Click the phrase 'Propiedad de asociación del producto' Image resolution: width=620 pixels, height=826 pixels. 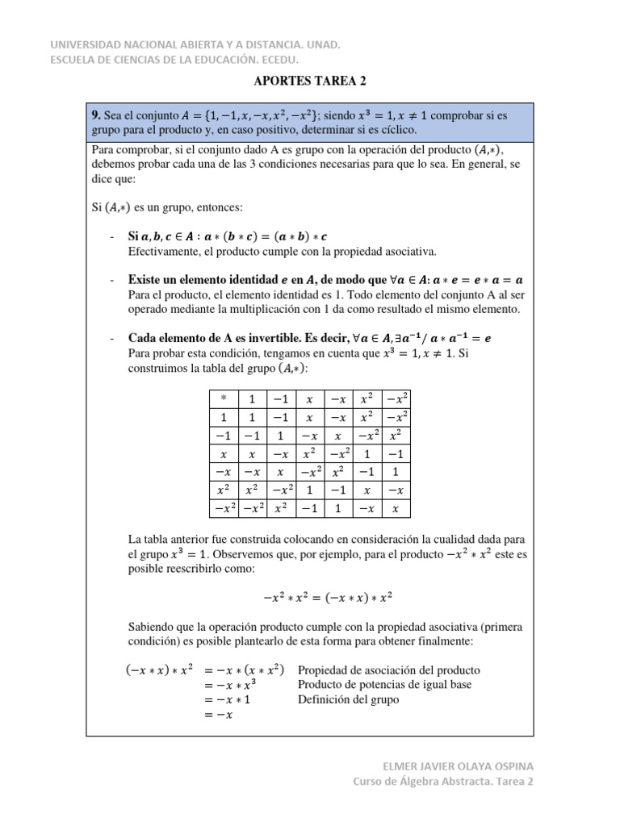click(x=389, y=670)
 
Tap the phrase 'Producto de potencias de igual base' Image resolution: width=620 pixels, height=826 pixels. click(x=385, y=685)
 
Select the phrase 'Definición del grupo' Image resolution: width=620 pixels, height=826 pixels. click(x=349, y=699)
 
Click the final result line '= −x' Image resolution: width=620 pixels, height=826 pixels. click(x=218, y=715)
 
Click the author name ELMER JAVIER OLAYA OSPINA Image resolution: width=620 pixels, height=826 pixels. click(x=458, y=765)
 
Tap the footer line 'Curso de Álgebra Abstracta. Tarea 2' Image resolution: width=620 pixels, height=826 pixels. click(x=443, y=781)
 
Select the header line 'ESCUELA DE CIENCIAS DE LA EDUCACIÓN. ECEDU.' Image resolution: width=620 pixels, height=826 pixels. click(x=174, y=59)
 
